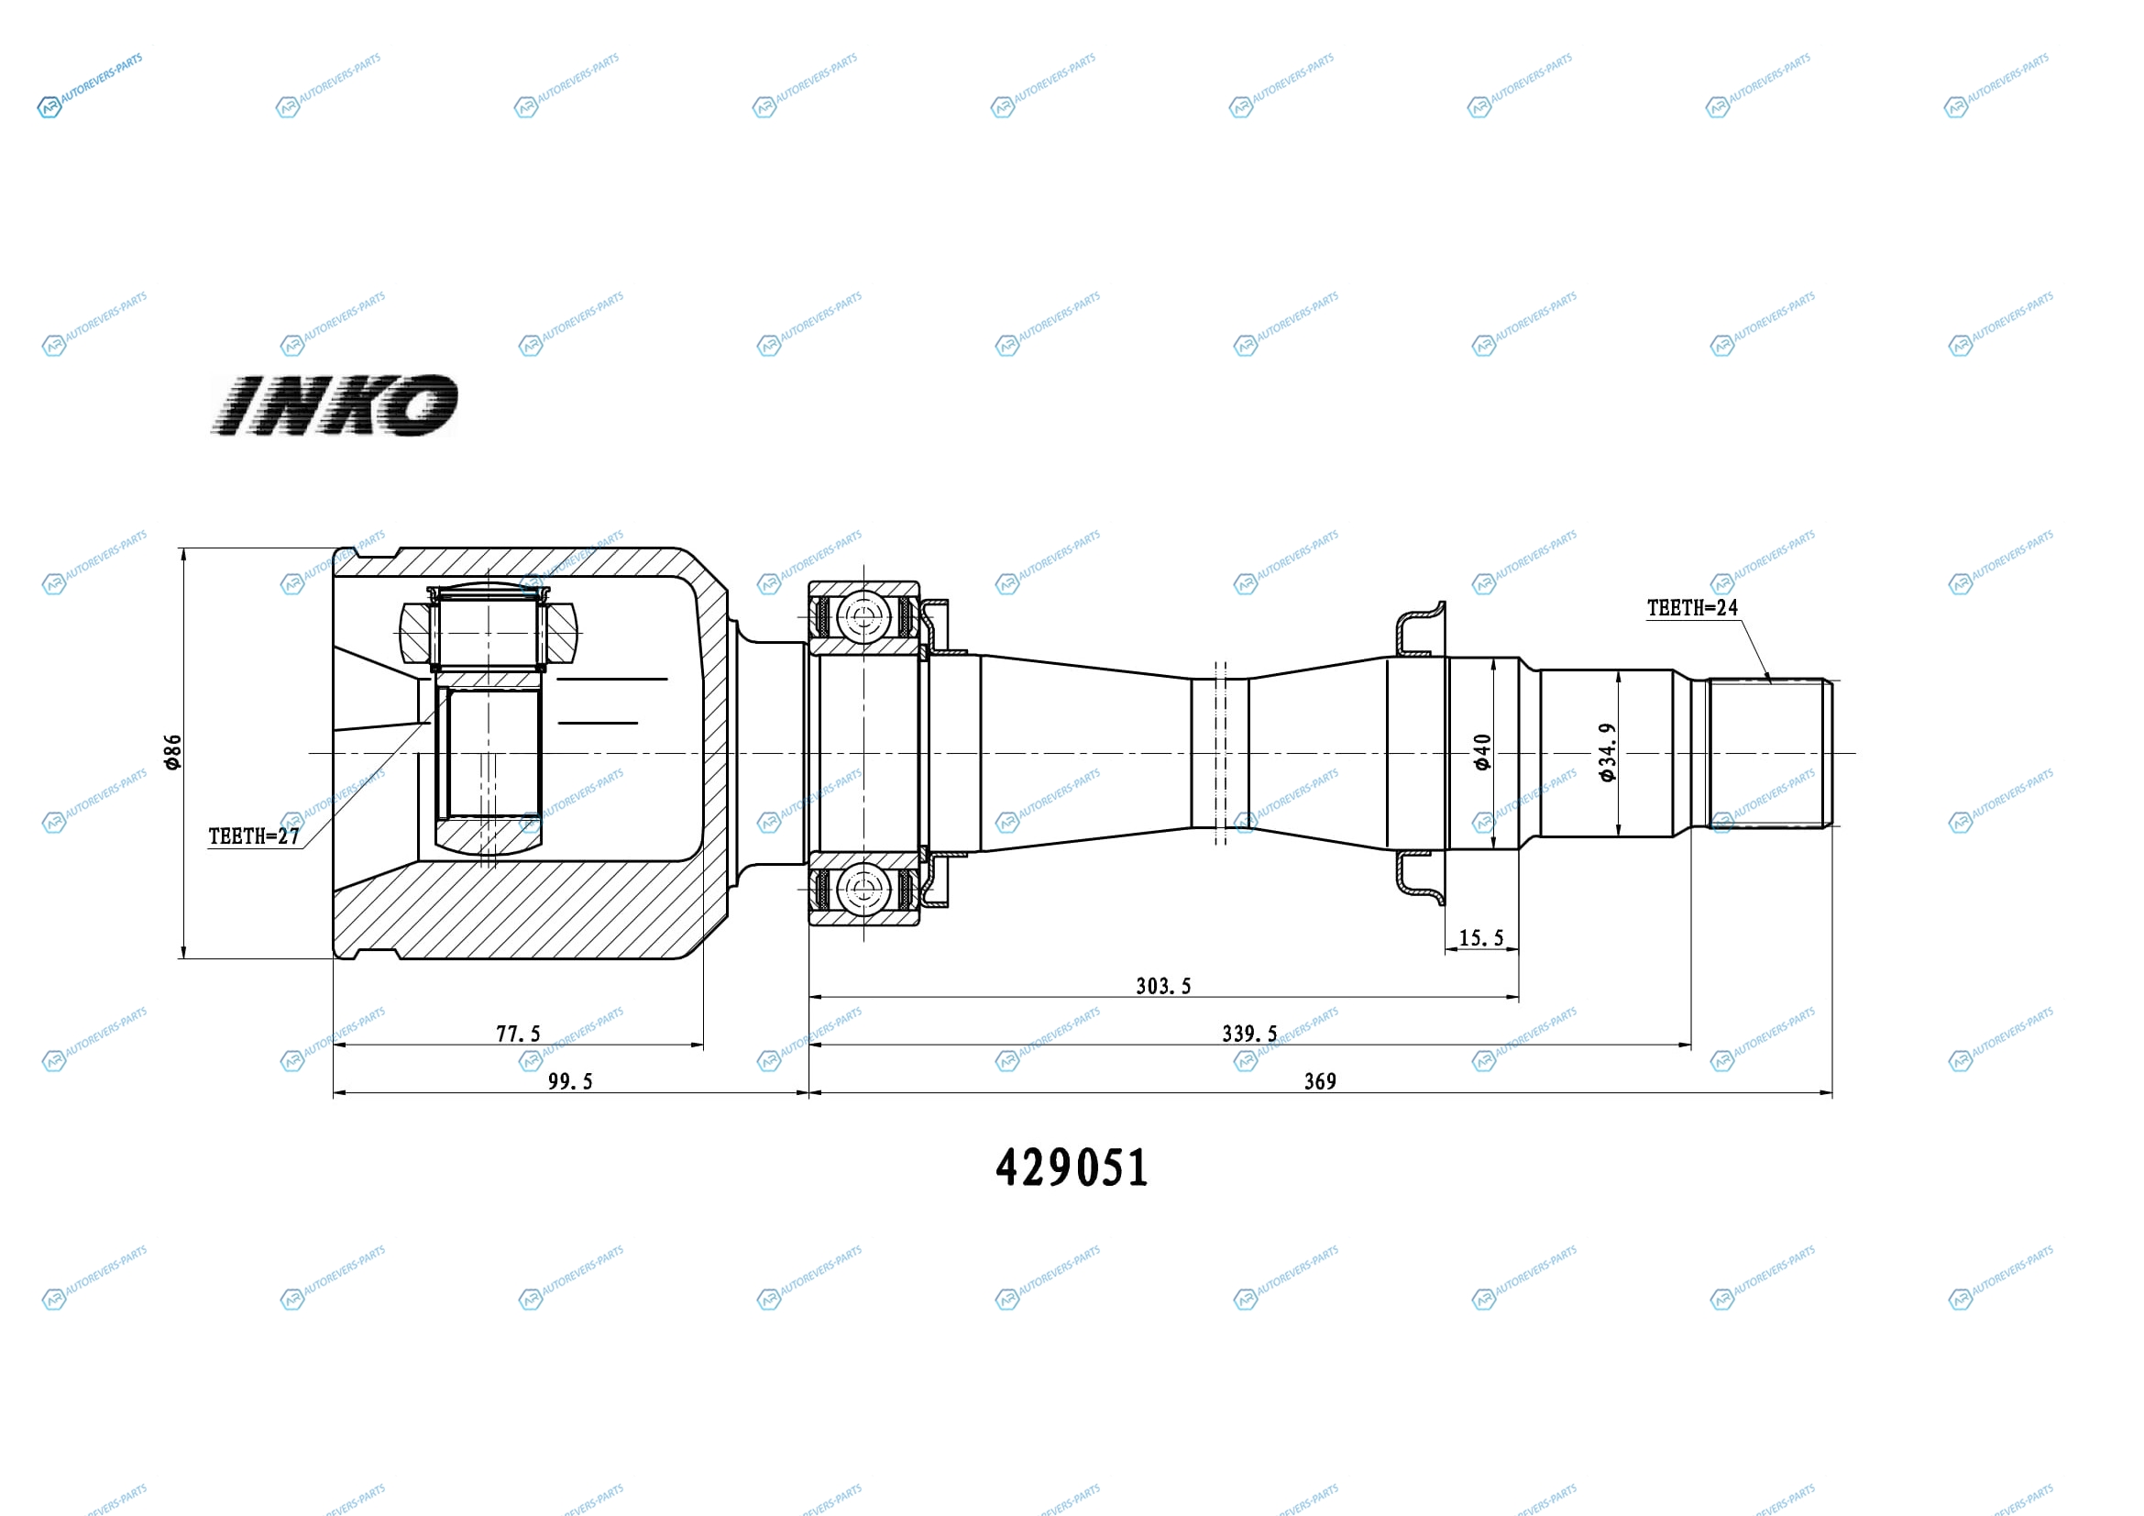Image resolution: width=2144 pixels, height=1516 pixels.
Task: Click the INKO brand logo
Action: [x=335, y=405]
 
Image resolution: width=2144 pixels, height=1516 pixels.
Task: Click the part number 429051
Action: [x=1072, y=1167]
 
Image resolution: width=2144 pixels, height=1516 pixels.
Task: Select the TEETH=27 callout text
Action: [x=254, y=836]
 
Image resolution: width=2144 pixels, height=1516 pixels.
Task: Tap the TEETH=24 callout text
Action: [x=1692, y=608]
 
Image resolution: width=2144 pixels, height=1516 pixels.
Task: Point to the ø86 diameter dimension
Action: [x=172, y=752]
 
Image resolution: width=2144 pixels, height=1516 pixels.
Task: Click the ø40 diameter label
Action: [x=1483, y=752]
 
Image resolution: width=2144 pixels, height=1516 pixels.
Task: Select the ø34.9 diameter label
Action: [x=1607, y=752]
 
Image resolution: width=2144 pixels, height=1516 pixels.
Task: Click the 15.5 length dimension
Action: [x=1481, y=938]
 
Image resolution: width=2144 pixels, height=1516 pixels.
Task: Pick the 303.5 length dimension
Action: [x=1163, y=987]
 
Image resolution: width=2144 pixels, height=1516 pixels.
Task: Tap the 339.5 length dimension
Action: [x=1250, y=1034]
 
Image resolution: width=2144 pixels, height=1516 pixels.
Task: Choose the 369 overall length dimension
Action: [x=1320, y=1081]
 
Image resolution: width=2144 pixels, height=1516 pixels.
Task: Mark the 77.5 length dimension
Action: [x=518, y=1034]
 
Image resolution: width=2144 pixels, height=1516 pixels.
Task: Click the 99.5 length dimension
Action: [x=570, y=1081]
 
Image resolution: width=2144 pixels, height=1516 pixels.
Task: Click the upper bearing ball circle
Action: [x=863, y=617]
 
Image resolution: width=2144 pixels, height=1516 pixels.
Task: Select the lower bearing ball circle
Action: [x=863, y=890]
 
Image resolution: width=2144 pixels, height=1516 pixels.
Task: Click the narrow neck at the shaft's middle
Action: [x=1219, y=753]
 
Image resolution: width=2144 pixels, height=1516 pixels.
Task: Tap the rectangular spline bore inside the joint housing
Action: [x=489, y=753]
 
